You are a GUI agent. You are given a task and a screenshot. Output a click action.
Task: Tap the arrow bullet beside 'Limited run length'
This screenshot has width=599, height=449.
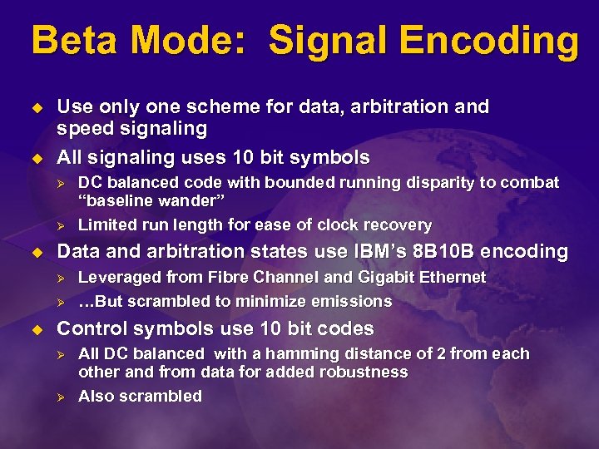[x=60, y=225]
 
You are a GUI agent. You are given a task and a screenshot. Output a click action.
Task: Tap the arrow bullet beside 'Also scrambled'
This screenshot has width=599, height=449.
[x=60, y=397]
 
